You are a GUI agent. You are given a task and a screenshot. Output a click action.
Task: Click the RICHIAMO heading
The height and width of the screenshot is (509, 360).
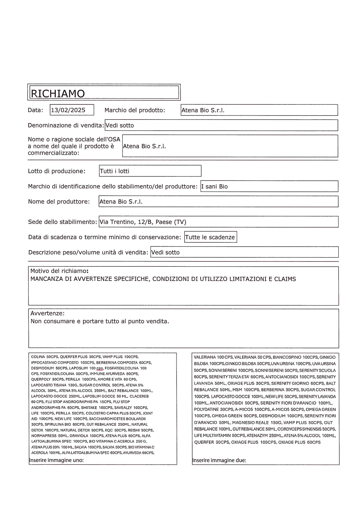pos(58,93)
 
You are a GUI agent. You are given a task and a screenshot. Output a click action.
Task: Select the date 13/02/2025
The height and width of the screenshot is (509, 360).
pos(68,110)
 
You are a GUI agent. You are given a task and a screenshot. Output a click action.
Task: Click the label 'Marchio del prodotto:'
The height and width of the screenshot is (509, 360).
pos(135,110)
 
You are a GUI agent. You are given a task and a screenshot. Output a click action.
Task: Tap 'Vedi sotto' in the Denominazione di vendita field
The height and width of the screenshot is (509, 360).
pos(120,125)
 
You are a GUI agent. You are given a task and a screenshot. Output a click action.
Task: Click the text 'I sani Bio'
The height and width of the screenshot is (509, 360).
pos(215,186)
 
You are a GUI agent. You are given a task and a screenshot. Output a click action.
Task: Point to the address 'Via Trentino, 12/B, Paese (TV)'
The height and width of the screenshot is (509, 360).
pos(143,222)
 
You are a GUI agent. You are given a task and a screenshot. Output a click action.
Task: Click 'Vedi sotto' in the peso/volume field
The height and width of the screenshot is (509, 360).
pos(165,252)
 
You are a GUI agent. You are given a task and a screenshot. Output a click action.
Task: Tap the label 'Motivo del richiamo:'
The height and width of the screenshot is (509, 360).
pos(59,271)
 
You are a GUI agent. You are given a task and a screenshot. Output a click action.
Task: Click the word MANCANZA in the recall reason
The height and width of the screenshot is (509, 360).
pos(45,279)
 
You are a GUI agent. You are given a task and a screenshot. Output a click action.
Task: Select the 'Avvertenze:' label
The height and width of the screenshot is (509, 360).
pos(47,313)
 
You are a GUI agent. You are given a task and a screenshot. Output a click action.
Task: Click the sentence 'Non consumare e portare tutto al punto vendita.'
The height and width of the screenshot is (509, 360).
pos(100,321)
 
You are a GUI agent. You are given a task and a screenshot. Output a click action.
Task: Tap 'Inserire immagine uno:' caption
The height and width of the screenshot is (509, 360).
pos(57,460)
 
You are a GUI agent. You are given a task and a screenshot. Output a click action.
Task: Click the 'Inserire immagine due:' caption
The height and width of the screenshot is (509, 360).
pos(219,460)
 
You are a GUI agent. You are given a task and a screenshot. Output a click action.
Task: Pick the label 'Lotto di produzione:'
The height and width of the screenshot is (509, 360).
pos(57,171)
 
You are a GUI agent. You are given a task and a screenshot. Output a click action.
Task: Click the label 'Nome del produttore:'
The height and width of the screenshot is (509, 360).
pos(59,202)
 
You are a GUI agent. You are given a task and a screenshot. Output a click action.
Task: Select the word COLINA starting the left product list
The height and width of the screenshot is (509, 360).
pos(38,357)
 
